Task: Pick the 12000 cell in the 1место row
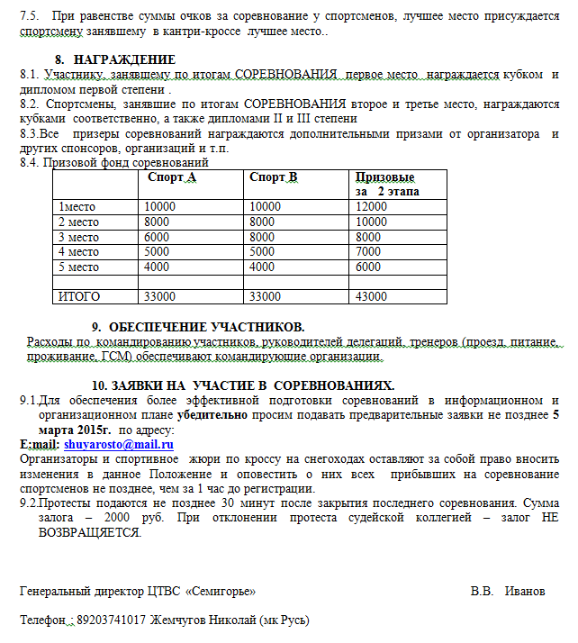point(371,206)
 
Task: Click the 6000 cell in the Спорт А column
point(157,237)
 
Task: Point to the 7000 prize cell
point(369,252)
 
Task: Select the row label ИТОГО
point(79,296)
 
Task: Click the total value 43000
point(371,296)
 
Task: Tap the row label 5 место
point(78,267)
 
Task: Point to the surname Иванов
point(525,592)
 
